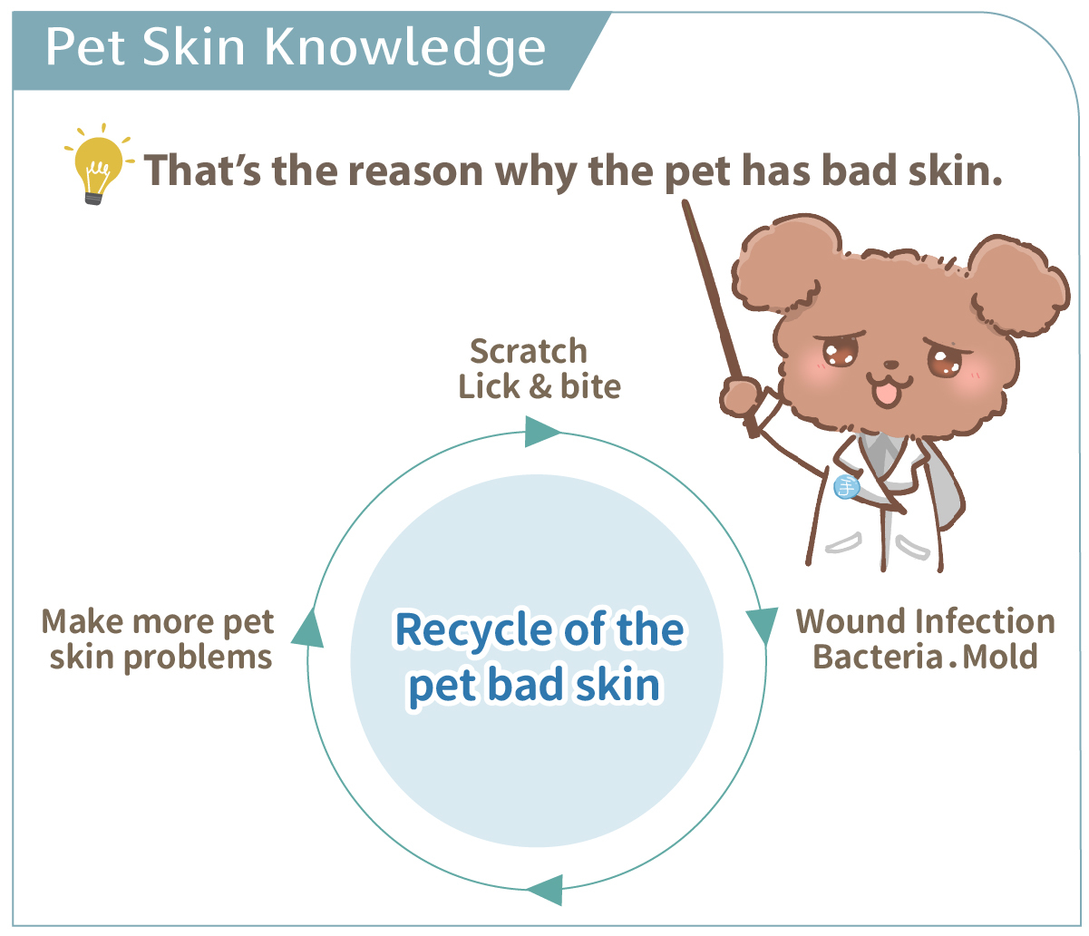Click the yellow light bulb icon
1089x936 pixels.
click(98, 164)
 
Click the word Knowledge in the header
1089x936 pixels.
click(404, 48)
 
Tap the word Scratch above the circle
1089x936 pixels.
click(529, 351)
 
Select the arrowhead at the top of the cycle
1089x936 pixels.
click(541, 431)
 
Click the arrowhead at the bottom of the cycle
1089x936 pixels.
click(546, 890)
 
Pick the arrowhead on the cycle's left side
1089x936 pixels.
click(307, 627)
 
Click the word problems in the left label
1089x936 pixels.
click(198, 658)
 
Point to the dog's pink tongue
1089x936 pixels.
click(888, 395)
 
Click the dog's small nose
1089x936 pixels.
click(891, 365)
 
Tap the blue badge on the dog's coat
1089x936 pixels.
click(846, 486)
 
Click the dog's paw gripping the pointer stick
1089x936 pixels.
click(740, 397)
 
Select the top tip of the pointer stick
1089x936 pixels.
click(685, 202)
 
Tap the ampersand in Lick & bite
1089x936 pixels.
click(540, 387)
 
